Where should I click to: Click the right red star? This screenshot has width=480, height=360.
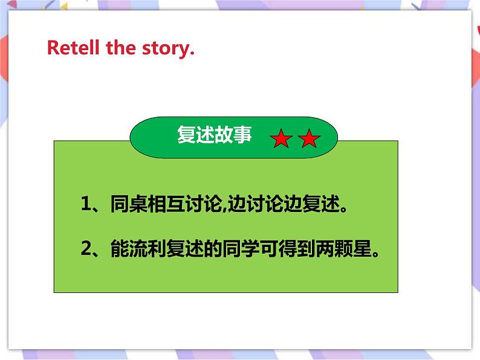click(309, 140)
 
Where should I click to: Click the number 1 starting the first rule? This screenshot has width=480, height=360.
click(85, 205)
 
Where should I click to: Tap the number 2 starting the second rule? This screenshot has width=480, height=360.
click(85, 248)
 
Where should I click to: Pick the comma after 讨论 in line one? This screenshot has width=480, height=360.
click(223, 209)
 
